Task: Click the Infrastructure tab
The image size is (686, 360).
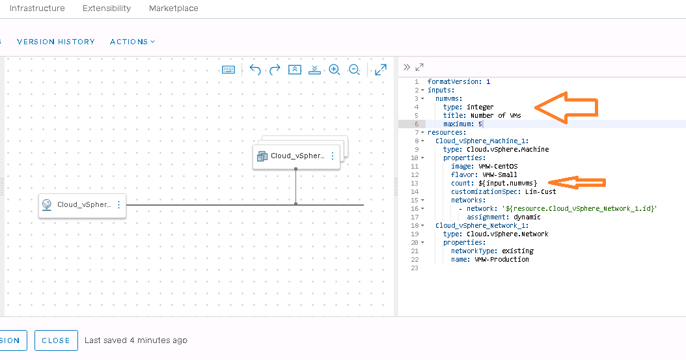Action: pos(37,8)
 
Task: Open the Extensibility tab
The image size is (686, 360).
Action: pos(107,8)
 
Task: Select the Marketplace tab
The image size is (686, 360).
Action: pos(174,8)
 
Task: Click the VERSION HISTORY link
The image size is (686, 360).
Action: pos(56,42)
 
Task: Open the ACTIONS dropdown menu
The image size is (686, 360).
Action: pos(132,42)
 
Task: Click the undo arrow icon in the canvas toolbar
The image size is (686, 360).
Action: pos(255,70)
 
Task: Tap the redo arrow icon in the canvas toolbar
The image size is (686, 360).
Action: pos(275,70)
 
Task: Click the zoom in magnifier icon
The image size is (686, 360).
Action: pos(335,70)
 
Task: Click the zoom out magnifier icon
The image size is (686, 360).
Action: pos(354,70)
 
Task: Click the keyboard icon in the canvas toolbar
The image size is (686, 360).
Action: pos(228,70)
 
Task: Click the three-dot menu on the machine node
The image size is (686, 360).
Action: pos(333,156)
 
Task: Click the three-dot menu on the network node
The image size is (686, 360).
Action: pos(118,204)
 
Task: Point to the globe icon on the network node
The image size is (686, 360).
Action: pos(47,204)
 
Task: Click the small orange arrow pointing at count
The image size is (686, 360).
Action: pos(577,183)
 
